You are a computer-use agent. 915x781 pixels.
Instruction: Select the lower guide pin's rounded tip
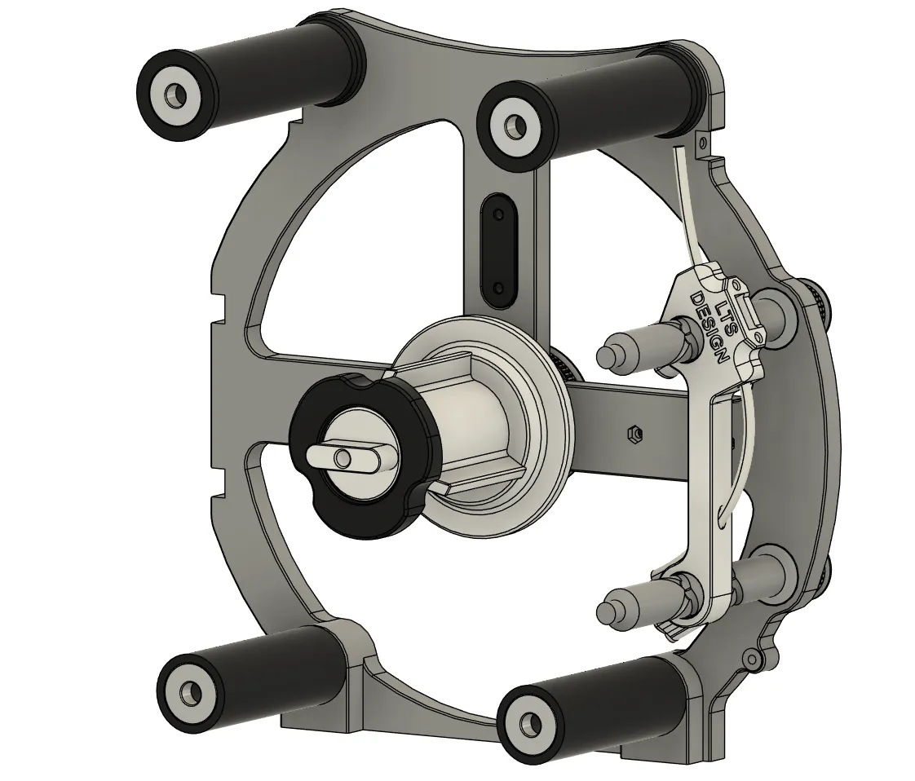608,611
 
